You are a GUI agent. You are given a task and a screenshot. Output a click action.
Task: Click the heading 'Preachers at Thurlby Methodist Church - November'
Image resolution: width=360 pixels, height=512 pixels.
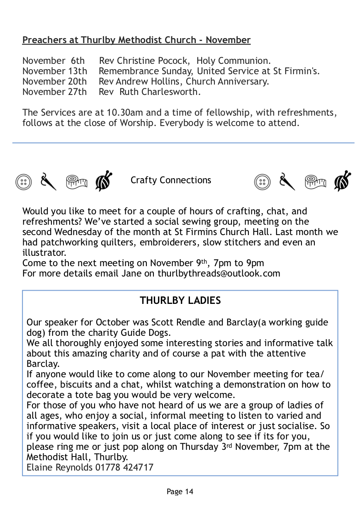[136, 40]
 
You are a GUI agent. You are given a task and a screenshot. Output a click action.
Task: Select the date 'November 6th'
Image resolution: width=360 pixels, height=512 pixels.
[54, 61]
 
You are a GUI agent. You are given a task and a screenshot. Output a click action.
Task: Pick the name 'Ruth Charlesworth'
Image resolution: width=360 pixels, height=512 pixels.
[160, 92]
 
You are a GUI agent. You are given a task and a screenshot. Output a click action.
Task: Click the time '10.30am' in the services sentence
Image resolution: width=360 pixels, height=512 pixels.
[122, 112]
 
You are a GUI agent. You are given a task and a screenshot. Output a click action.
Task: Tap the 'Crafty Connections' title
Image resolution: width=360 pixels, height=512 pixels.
[170, 180]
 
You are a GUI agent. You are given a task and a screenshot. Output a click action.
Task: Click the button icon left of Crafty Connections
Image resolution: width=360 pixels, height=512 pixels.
[24, 182]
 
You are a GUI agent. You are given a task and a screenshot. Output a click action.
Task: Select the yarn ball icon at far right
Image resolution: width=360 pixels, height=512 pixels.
[343, 181]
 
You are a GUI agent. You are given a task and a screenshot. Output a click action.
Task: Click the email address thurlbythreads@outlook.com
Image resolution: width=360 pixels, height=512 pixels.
[219, 273]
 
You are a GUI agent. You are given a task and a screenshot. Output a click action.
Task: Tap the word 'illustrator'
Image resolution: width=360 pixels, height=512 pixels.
[44, 252]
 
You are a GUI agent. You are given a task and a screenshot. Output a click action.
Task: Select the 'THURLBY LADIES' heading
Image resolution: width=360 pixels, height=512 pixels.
[180, 301]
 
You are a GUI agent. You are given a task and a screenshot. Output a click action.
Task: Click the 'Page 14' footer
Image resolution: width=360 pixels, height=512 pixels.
[180, 492]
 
